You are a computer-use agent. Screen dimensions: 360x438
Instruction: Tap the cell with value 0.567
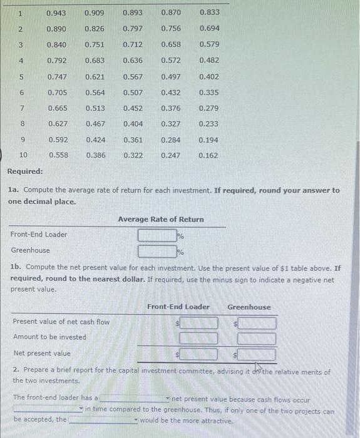[132, 77]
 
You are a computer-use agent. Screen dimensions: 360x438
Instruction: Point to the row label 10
[23, 155]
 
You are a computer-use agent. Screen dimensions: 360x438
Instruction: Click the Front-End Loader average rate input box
[157, 236]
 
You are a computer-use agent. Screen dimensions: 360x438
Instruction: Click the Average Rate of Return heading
[161, 219]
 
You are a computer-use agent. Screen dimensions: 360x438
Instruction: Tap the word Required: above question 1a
[25, 171]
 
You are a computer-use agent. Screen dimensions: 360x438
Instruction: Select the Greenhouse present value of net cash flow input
[257, 323]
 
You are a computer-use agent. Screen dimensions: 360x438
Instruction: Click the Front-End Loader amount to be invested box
[200, 339]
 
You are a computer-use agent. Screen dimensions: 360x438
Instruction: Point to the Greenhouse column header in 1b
[249, 307]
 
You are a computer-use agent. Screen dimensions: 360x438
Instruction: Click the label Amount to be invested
[49, 337]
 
